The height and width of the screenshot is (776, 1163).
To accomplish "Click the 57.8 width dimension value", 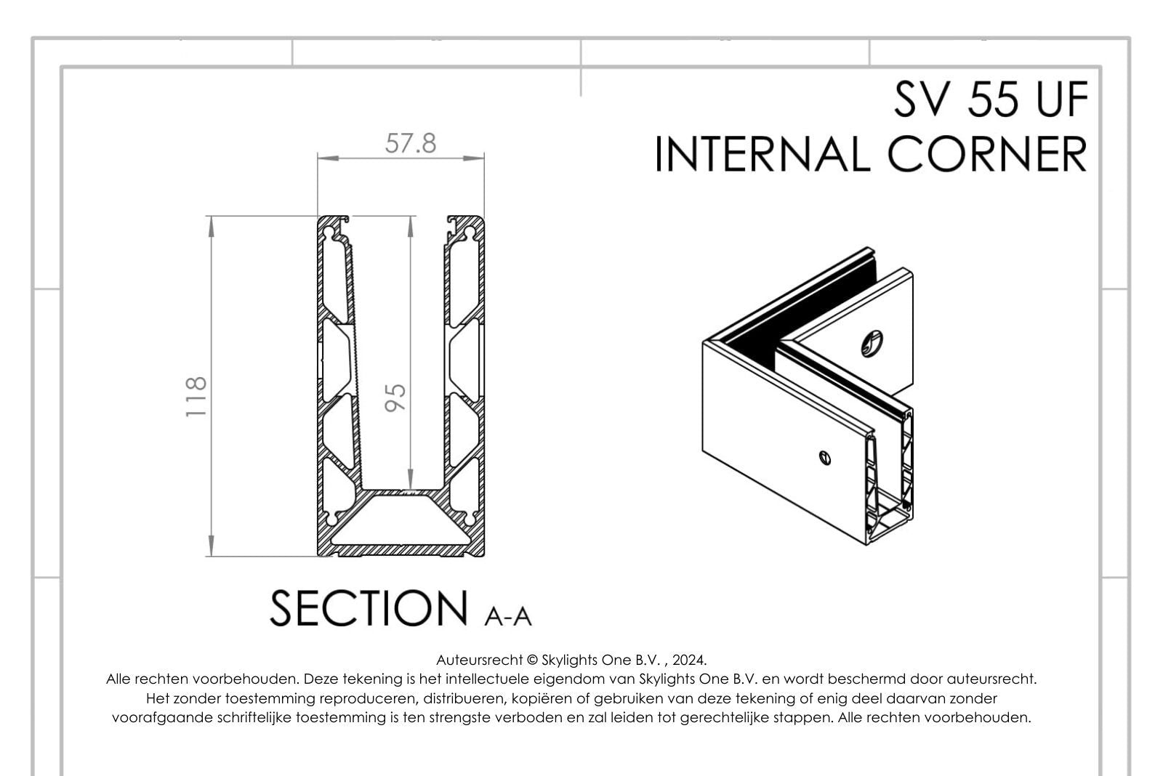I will [411, 143].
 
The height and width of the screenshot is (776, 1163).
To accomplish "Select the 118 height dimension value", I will [196, 397].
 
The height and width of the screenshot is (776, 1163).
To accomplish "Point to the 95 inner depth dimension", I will [395, 397].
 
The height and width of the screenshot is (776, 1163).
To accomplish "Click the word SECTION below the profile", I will [369, 608].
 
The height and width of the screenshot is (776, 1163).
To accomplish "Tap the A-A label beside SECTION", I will [507, 617].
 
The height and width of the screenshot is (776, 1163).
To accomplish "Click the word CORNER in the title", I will [987, 154].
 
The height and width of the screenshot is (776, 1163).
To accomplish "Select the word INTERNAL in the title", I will [764, 154].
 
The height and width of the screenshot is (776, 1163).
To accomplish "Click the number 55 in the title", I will [992, 99].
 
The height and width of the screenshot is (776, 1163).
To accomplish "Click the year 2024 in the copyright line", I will [688, 660].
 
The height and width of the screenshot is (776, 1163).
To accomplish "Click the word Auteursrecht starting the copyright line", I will [479, 660].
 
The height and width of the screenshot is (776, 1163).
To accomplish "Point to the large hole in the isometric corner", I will [872, 344].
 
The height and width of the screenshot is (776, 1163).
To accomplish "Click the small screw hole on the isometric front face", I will [824, 457].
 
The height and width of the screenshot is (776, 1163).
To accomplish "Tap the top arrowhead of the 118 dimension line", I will [211, 226].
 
